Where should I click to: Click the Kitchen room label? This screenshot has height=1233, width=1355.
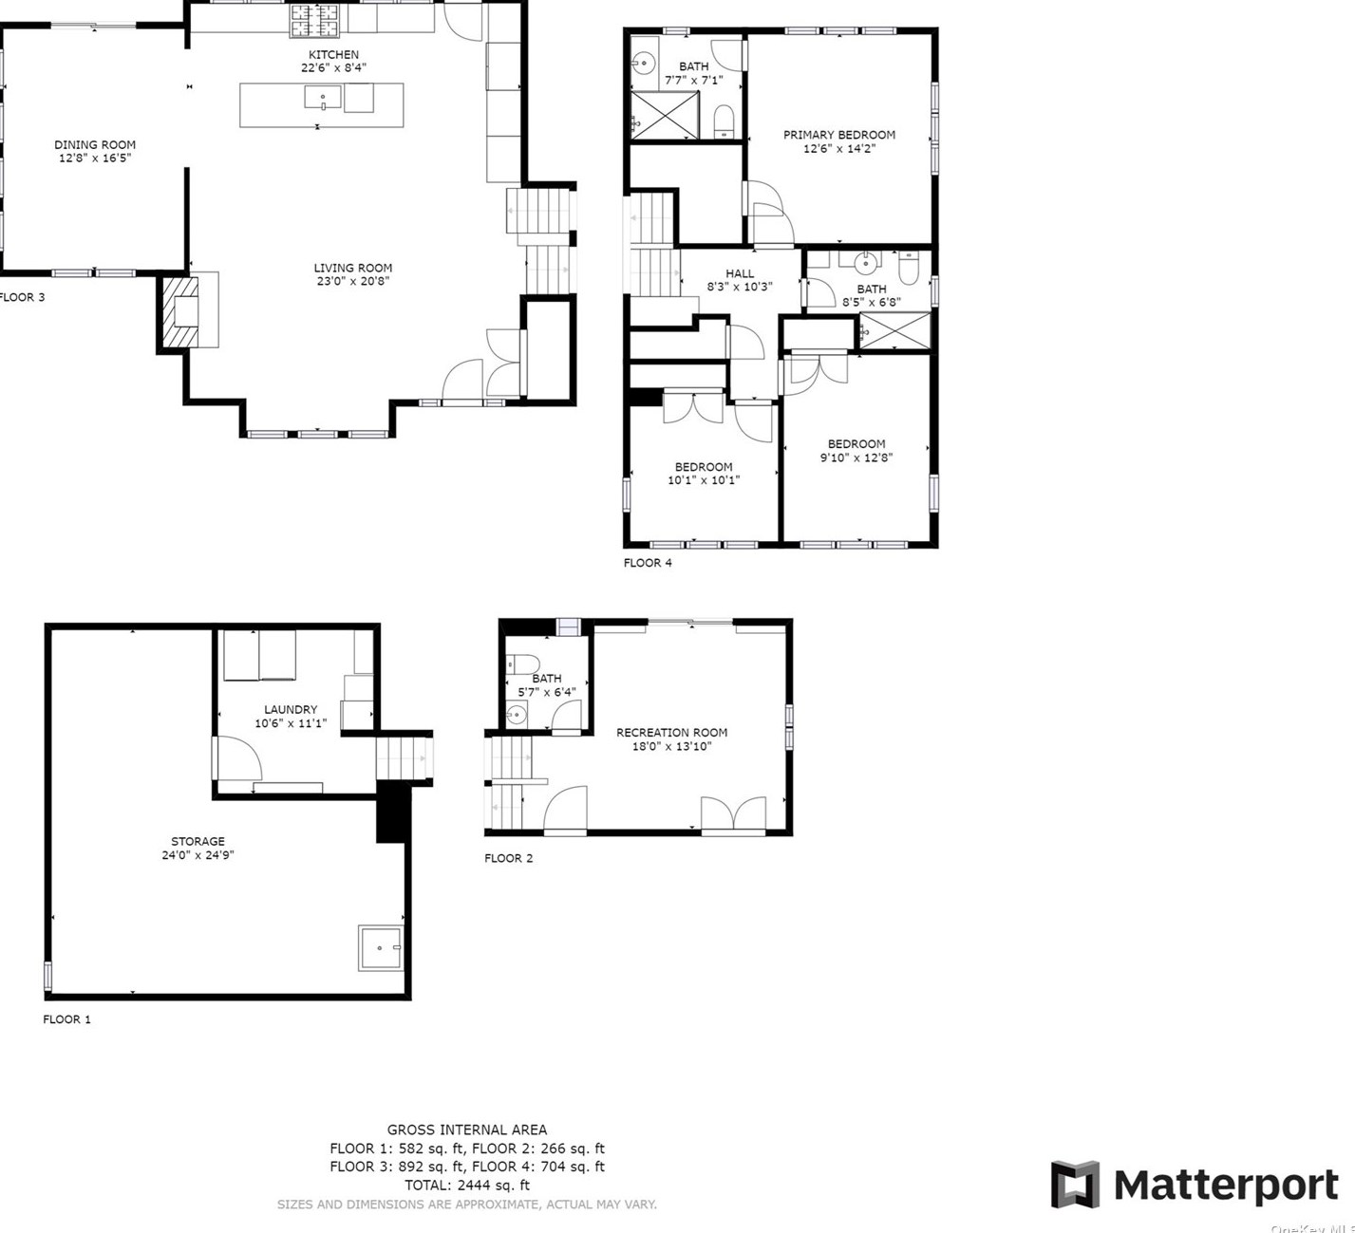click(333, 55)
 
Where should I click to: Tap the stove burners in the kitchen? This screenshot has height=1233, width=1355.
click(314, 21)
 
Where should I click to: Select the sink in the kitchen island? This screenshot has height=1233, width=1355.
click(322, 97)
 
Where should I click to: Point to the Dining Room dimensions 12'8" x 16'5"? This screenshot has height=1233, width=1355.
click(95, 158)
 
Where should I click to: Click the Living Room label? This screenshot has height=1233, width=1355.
click(352, 268)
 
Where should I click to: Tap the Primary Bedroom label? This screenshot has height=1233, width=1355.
click(839, 135)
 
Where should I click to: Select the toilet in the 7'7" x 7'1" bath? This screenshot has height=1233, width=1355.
click(724, 121)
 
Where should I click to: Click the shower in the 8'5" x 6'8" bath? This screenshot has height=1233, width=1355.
click(894, 331)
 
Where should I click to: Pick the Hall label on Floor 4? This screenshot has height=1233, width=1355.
click(740, 273)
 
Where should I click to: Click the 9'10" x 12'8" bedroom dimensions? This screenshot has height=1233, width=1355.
click(856, 458)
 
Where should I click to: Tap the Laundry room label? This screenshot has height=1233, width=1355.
click(291, 710)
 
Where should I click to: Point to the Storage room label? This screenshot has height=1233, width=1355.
click(198, 841)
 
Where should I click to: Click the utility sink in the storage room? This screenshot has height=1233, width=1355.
click(380, 947)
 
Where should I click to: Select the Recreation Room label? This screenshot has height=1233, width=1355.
click(671, 733)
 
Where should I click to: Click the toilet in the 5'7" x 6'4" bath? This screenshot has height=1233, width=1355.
click(522, 663)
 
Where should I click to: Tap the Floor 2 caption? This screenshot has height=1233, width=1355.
click(509, 858)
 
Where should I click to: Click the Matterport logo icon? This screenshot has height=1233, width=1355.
click(1075, 1185)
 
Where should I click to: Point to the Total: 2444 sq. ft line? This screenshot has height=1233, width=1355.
click(467, 1185)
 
